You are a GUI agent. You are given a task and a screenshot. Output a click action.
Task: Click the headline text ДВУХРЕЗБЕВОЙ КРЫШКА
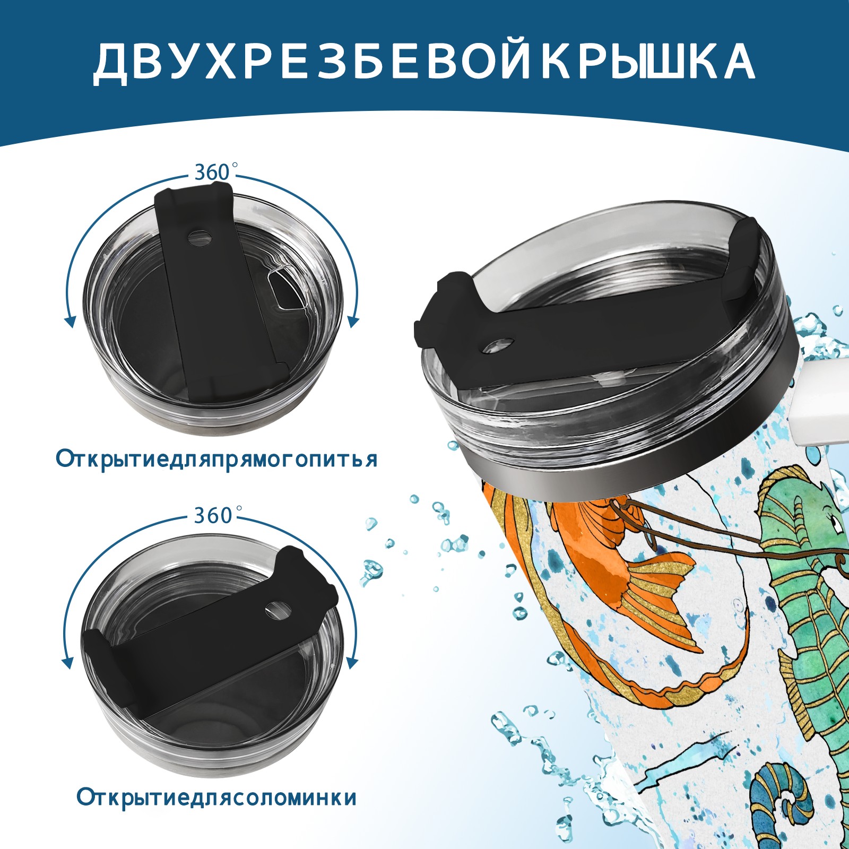pos(424,62)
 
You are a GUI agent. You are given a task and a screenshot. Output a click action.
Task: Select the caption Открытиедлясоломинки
pos(216,798)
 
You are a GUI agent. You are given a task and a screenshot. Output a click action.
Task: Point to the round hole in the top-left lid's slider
pos(200,237)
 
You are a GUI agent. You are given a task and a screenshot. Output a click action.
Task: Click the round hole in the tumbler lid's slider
pos(498,345)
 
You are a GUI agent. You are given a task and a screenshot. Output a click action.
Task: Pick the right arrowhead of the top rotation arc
pos(353,322)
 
